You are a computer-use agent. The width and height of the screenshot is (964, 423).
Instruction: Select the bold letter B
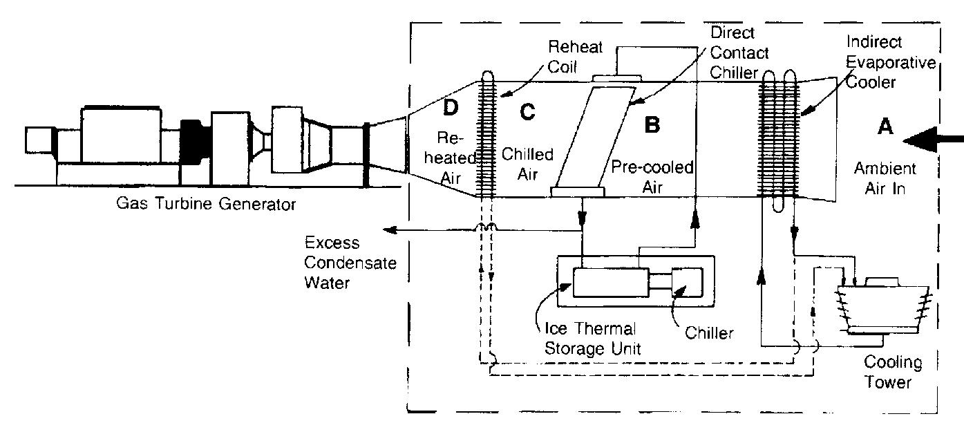(652, 124)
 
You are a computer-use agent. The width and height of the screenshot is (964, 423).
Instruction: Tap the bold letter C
(527, 111)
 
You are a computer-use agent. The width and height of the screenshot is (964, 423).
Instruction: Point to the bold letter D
(450, 108)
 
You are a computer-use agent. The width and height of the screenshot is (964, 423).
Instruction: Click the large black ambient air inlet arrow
(933, 141)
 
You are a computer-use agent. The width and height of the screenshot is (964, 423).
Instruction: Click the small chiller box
(686, 282)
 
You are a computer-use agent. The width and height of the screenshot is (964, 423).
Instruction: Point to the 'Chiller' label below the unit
(709, 334)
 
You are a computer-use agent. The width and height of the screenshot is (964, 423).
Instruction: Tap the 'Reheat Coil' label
(575, 56)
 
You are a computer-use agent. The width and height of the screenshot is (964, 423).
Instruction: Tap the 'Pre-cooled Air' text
(652, 178)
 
